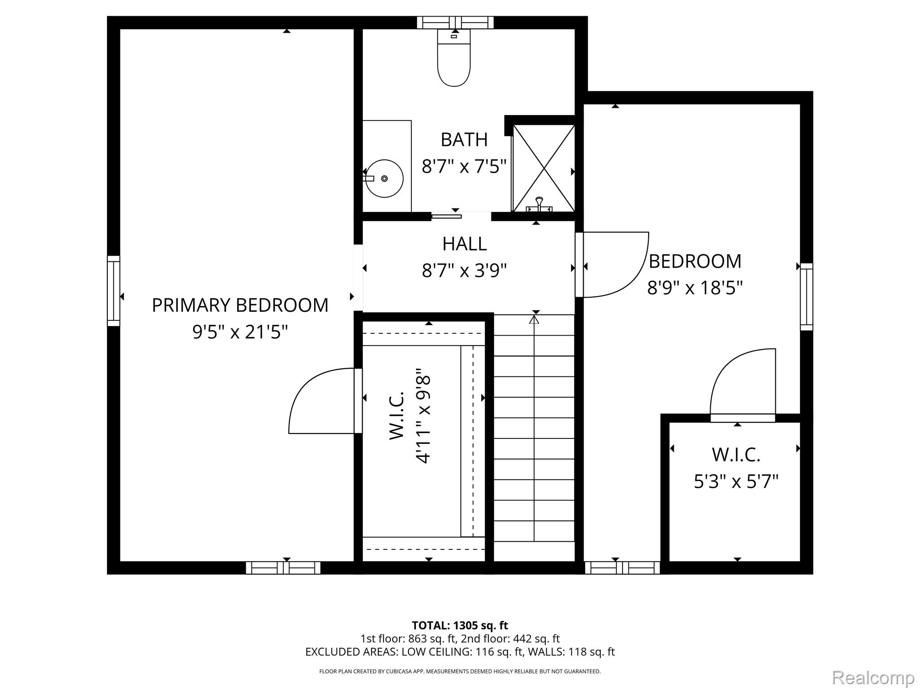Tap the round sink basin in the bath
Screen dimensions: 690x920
385,178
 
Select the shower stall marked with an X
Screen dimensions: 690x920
544,168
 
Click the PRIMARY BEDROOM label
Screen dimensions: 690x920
240,305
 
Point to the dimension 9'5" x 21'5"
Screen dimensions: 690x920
240,333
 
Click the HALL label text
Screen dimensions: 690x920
464,244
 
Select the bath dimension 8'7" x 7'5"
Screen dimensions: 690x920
464,166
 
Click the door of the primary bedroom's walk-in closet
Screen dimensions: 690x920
323,401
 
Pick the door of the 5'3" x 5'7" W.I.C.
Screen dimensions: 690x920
743,386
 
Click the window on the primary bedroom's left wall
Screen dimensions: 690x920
114,291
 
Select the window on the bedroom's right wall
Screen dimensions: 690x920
807,296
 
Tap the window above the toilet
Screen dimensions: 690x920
455,22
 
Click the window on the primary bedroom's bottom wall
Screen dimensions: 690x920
283,568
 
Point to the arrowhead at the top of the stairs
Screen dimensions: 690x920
534,320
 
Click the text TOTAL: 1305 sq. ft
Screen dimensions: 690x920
460,625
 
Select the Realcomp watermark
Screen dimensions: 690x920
873,678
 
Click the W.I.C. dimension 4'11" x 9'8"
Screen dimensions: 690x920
423,416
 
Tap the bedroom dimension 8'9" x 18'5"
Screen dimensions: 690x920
694,287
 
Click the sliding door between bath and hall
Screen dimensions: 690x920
447,217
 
